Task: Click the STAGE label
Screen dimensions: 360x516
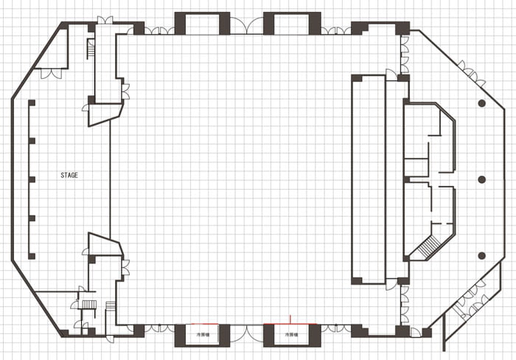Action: click(x=69, y=176)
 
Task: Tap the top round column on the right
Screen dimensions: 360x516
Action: click(x=481, y=103)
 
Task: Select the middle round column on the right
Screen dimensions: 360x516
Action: click(x=481, y=179)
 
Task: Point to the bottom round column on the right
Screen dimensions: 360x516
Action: click(x=481, y=255)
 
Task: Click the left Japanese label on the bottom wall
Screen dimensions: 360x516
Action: click(x=203, y=335)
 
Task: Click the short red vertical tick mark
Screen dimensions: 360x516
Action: click(x=292, y=319)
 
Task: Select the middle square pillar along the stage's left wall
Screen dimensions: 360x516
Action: click(x=31, y=179)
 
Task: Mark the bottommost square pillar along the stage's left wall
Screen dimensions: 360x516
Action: click(x=31, y=255)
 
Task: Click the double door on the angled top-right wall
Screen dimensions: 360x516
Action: click(x=470, y=72)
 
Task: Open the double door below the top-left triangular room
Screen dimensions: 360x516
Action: click(x=51, y=73)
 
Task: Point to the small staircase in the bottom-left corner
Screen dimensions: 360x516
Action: click(x=88, y=304)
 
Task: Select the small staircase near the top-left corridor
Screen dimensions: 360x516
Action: click(x=91, y=49)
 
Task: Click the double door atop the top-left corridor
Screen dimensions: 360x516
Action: click(x=105, y=20)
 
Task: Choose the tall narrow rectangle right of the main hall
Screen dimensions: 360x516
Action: click(x=368, y=179)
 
